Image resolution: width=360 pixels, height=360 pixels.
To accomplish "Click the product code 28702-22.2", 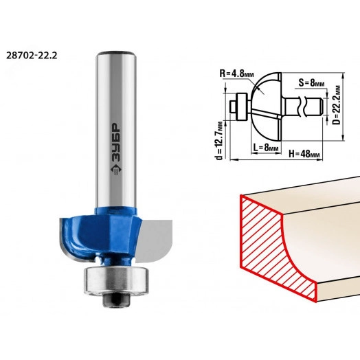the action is [32, 56].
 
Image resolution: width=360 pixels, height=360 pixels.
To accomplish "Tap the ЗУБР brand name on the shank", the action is [116, 142].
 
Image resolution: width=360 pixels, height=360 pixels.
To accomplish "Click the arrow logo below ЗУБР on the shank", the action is [116, 170].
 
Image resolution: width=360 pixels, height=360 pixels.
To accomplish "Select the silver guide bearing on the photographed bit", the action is [116, 280].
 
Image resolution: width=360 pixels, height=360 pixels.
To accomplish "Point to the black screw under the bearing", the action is [117, 300].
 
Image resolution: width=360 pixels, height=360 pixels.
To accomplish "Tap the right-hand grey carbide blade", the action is [155, 239].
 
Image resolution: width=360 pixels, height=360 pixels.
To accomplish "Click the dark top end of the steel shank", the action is [116, 52].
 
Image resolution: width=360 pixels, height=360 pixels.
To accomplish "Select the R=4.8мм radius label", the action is [237, 74].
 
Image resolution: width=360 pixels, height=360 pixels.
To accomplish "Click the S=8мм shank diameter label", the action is [311, 82].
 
